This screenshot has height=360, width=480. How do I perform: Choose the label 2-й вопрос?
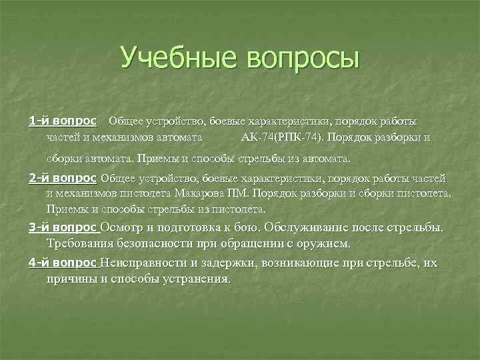tap(62, 178)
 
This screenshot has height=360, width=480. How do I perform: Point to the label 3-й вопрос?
tap(62, 227)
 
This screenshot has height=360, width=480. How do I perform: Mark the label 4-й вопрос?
tap(62, 263)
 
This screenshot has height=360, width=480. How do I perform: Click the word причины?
tap(72, 279)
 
